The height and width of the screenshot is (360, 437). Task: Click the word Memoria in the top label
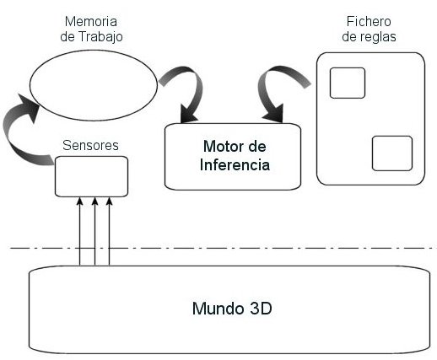click(x=91, y=21)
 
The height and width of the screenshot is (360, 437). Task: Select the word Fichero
click(x=369, y=21)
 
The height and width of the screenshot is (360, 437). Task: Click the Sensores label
click(x=90, y=145)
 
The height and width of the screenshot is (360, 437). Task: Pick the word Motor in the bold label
click(x=221, y=147)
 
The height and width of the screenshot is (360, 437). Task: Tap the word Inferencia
click(x=235, y=165)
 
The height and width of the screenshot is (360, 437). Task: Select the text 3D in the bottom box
click(x=261, y=309)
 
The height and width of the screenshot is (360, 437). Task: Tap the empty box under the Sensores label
click(x=91, y=176)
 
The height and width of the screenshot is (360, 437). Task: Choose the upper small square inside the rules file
click(x=348, y=83)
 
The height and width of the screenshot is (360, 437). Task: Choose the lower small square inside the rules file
click(x=392, y=153)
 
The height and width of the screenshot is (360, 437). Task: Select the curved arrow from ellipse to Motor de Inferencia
click(x=197, y=84)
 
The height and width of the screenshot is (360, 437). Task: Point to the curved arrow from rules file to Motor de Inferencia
click(x=263, y=84)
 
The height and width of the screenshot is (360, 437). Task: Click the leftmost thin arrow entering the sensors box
click(x=80, y=231)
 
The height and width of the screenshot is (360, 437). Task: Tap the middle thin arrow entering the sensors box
click(x=94, y=231)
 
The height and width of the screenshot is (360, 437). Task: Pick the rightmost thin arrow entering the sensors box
click(x=110, y=231)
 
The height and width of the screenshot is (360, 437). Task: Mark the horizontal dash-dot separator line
click(x=224, y=248)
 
